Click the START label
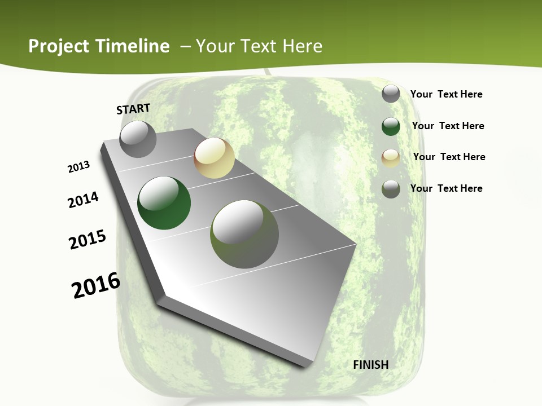(x=133, y=108)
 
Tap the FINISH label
(x=370, y=365)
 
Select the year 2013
(x=78, y=167)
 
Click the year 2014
(x=83, y=200)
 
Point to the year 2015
(x=88, y=239)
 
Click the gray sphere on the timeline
(x=138, y=139)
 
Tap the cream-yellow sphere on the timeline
(x=214, y=158)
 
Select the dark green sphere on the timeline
(x=164, y=203)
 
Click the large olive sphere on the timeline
(x=244, y=234)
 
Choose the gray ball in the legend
(x=391, y=94)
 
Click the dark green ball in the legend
(x=391, y=126)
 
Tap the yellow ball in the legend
(x=391, y=158)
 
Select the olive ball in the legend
(x=391, y=189)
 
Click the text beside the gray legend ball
(x=446, y=94)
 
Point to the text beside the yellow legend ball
(x=449, y=157)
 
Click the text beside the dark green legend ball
(x=448, y=126)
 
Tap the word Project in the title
(x=59, y=46)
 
